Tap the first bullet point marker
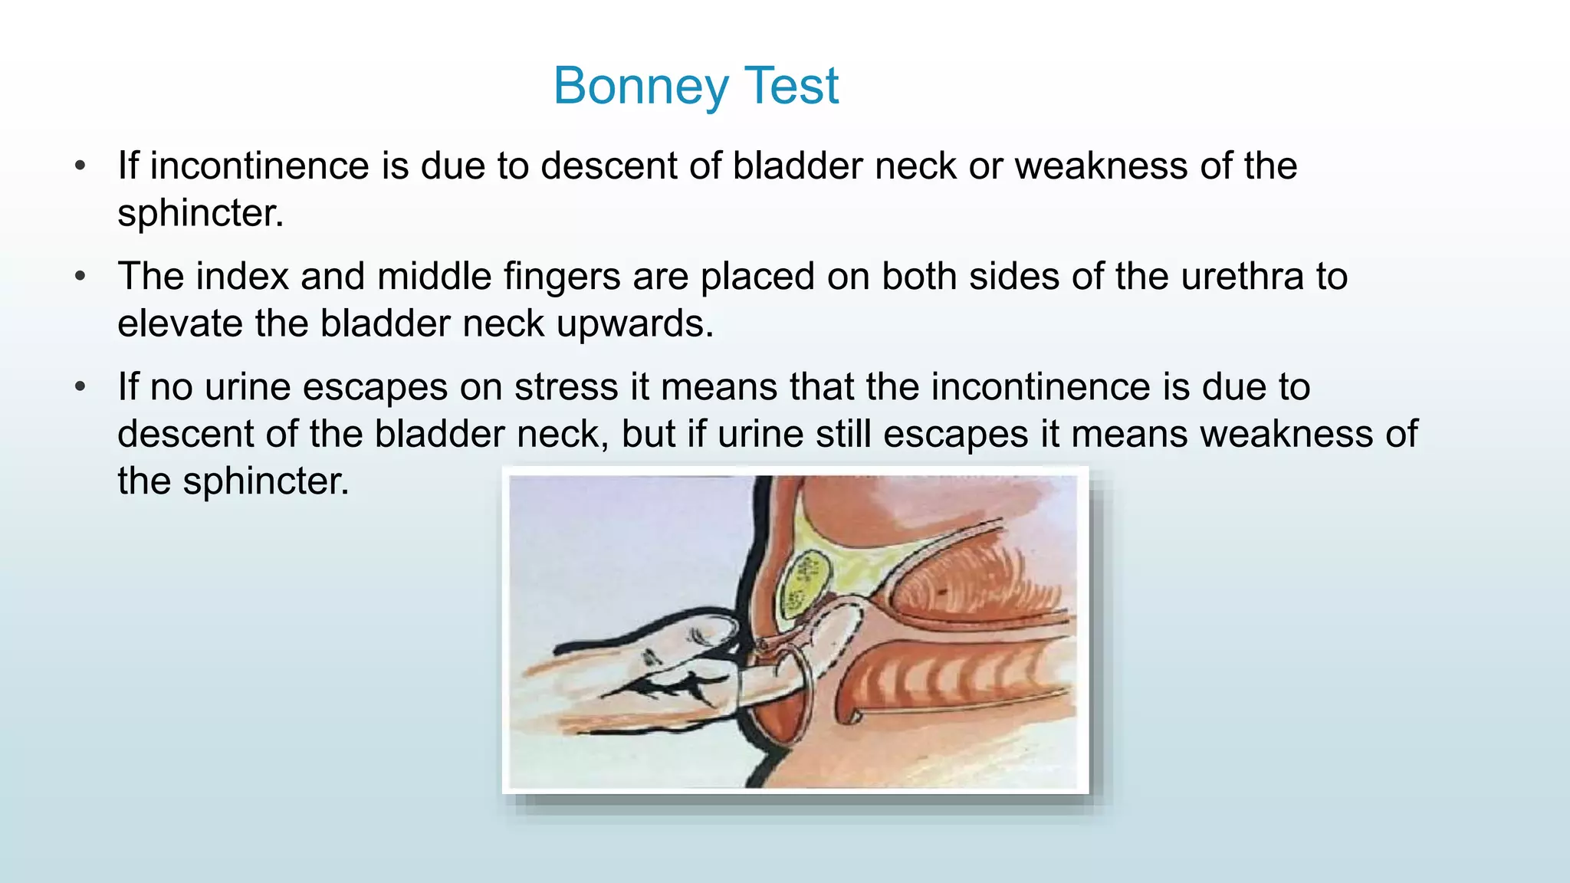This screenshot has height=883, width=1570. coord(80,166)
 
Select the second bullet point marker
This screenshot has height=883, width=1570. coord(80,276)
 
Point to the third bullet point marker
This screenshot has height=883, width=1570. coord(80,386)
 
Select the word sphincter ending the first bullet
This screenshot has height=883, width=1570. coord(200,213)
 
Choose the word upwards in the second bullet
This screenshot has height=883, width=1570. coord(635,324)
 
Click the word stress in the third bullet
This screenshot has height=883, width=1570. coord(566,387)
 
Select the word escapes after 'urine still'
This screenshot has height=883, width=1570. coord(955,435)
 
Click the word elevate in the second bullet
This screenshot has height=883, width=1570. coord(180,324)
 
